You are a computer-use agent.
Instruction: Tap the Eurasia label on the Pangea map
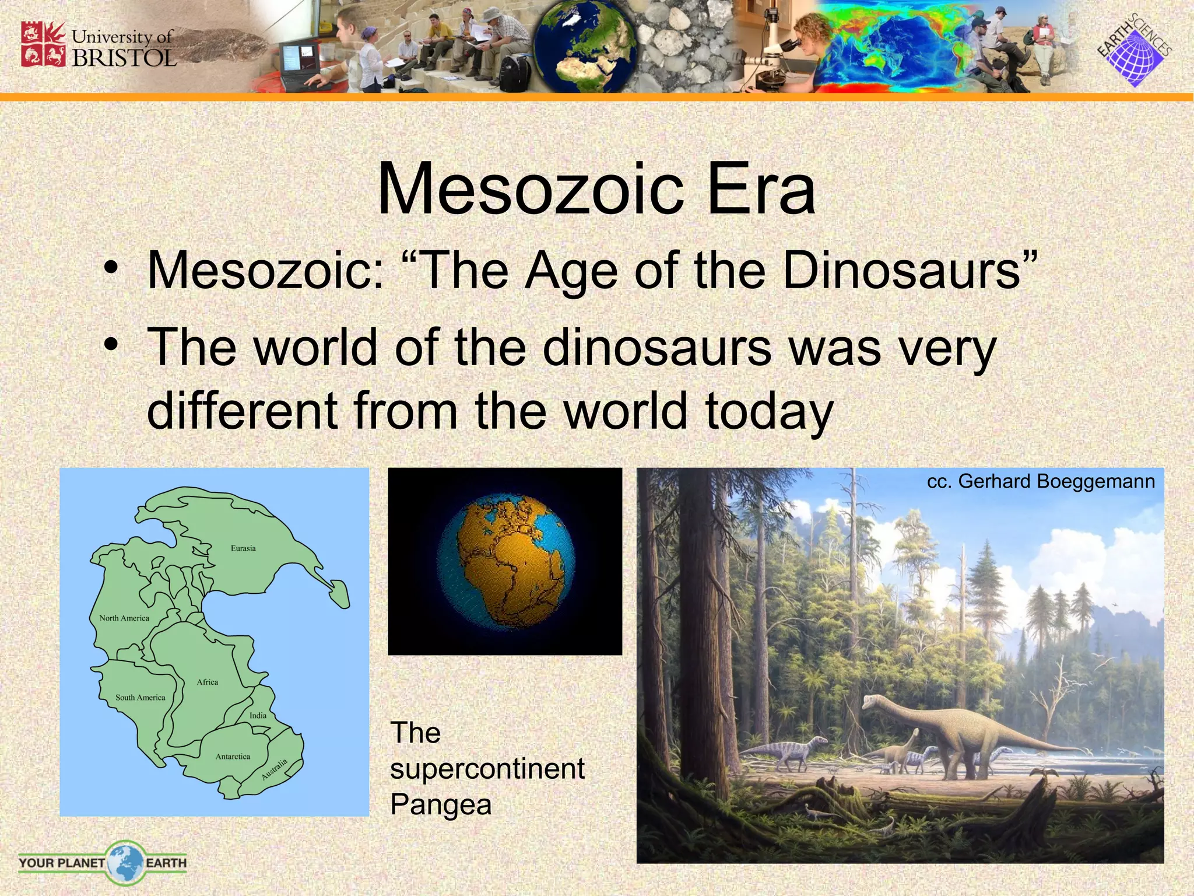tap(243, 548)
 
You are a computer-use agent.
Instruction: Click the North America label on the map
tap(124, 618)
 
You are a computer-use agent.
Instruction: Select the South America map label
tap(140, 698)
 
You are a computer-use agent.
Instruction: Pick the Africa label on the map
tap(208, 682)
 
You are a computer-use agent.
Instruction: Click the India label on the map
tap(258, 716)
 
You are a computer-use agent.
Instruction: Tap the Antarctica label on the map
tap(233, 757)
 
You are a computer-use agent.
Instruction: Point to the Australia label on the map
tap(275, 769)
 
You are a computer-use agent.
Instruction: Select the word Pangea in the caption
tap(441, 805)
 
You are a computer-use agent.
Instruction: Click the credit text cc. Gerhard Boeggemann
tap(1041, 482)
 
